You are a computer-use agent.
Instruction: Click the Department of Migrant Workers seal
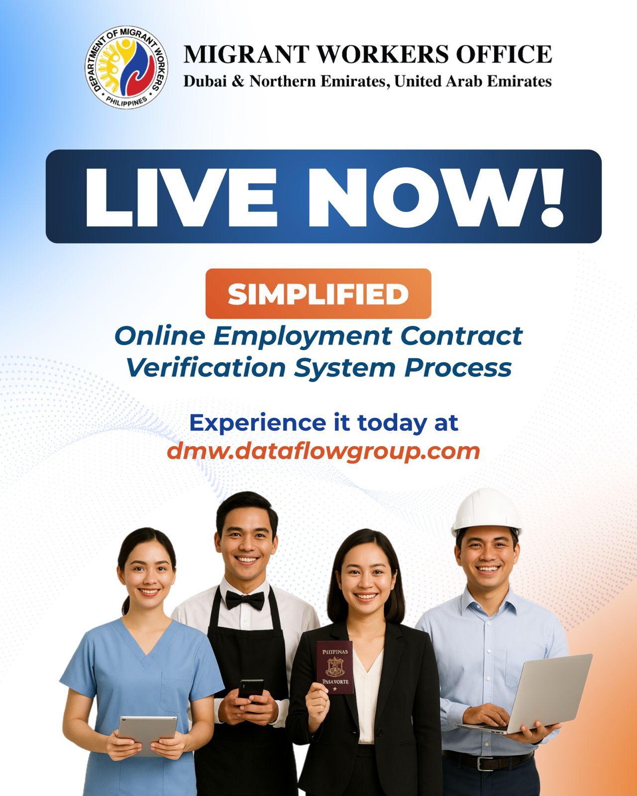pos(126,67)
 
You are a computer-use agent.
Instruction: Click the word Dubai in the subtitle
pos(205,81)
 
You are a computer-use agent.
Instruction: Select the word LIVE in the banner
pos(181,197)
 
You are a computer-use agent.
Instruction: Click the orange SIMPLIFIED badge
pos(318,294)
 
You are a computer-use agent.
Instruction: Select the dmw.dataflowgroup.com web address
pos(323,452)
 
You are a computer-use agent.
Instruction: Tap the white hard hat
pos(486,511)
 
